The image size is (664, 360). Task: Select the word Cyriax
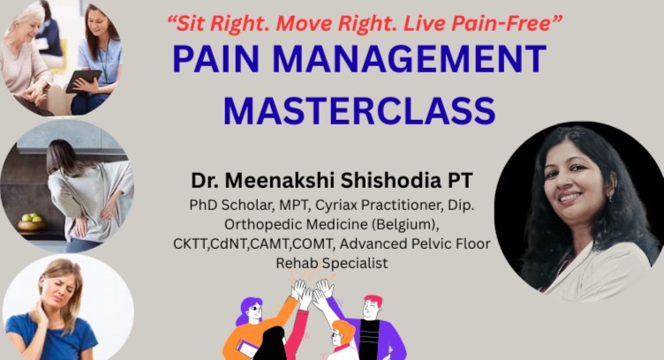tap(328, 205)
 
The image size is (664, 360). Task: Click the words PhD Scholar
tap(225, 205)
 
